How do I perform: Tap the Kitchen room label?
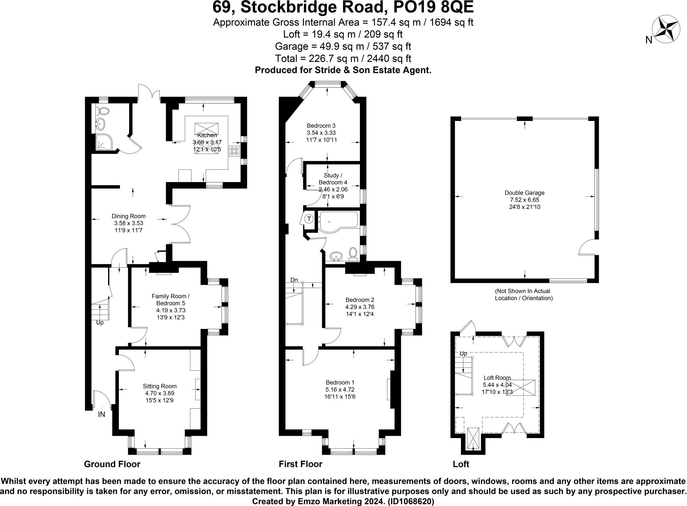click(207, 135)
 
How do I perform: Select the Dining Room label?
click(128, 216)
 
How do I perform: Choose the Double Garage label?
click(524, 193)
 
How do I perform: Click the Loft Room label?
click(497, 378)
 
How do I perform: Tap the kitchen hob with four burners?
click(234, 151)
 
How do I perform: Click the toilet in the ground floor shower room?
click(103, 110)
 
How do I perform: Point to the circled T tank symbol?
click(309, 219)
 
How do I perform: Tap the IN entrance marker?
click(101, 415)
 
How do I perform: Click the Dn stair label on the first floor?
click(294, 280)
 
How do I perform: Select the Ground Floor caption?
click(112, 464)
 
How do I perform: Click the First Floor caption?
click(300, 464)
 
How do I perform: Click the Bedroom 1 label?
click(340, 382)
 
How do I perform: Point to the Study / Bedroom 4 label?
click(333, 179)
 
